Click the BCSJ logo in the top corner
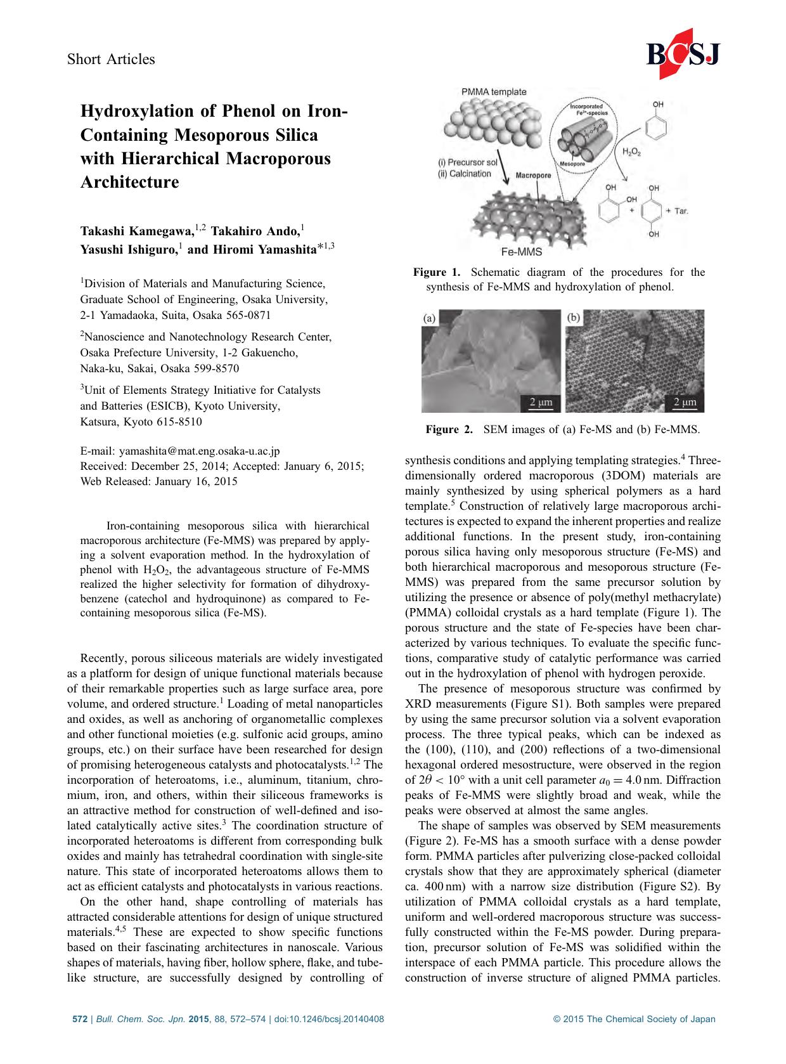[x=683, y=56]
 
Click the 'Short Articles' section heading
[x=111, y=59]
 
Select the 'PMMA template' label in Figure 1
[x=493, y=92]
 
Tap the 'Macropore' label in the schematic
[x=533, y=175]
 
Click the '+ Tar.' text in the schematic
[x=676, y=211]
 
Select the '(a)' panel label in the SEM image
[x=429, y=318]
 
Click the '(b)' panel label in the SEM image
[x=573, y=318]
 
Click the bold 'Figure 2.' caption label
[x=449, y=430]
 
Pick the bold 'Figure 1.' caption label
[x=437, y=273]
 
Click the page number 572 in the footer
[x=79, y=1020]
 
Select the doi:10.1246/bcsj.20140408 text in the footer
[x=329, y=1020]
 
